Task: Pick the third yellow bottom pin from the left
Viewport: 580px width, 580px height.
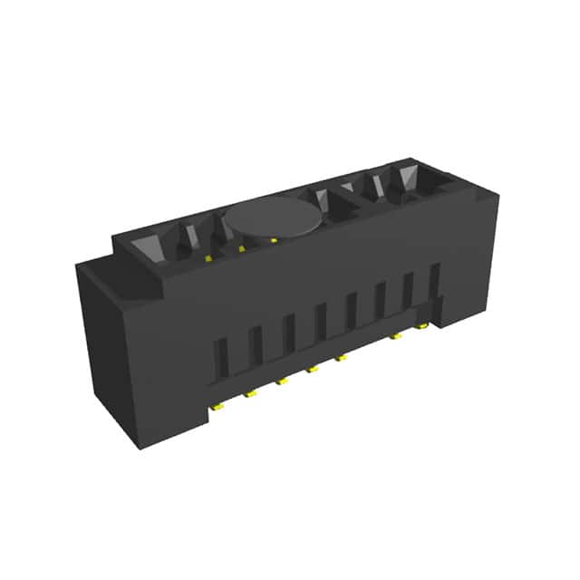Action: pos(282,381)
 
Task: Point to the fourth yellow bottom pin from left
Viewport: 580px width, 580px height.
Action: pos(312,369)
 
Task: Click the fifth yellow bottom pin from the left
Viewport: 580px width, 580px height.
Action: pos(341,358)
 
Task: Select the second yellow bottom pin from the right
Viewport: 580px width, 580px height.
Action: pos(396,336)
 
